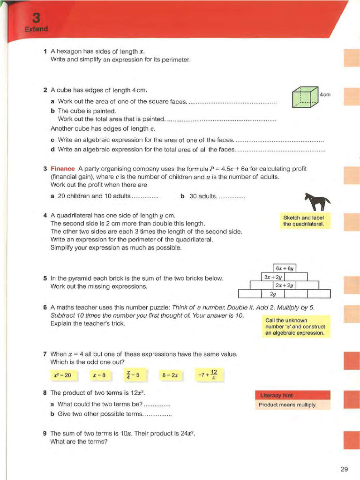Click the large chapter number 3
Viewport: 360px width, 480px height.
coord(36,18)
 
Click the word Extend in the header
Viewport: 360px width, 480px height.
coord(36,30)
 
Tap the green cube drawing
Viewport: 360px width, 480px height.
coord(305,98)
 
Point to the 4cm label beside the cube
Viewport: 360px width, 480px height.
coord(325,94)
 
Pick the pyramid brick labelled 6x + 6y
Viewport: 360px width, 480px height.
coord(284,268)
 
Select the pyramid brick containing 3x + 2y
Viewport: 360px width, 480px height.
coord(272,277)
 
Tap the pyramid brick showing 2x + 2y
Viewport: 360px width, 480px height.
coord(284,285)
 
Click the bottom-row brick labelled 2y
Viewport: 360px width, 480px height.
coord(272,294)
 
